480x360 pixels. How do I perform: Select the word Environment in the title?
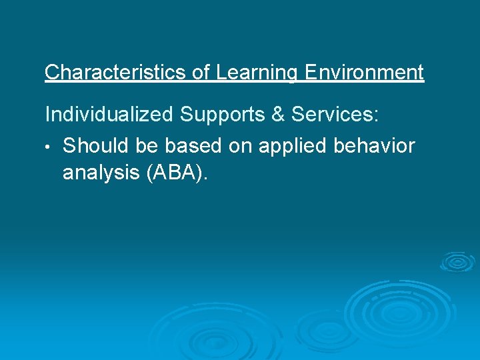pos(363,73)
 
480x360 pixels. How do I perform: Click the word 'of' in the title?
pos(201,73)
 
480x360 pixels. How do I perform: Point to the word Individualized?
pos(108,115)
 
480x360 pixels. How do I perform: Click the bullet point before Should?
pos(49,146)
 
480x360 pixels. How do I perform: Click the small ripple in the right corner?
pos(457,262)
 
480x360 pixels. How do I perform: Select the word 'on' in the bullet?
pos(238,145)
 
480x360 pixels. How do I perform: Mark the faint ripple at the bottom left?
pos(193,333)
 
